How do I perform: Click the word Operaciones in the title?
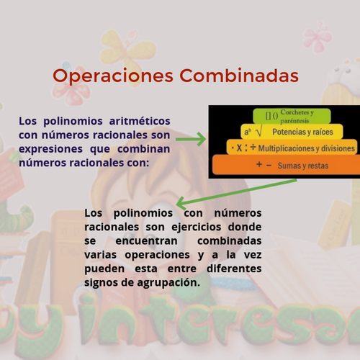pyautogui.click(x=113, y=76)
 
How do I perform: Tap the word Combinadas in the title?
pyautogui.click(x=239, y=76)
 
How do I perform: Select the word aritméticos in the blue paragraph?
pyautogui.click(x=140, y=121)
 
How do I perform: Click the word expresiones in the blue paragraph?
pyautogui.click(x=50, y=149)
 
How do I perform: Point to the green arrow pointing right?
pyautogui.click(x=191, y=139)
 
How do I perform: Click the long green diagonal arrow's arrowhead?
pyautogui.click(x=181, y=204)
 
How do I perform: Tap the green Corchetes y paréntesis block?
pyautogui.click(x=292, y=116)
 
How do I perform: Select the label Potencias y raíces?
pyautogui.click(x=302, y=132)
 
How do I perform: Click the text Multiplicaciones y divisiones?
pyautogui.click(x=307, y=148)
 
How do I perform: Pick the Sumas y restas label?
pyautogui.click(x=303, y=166)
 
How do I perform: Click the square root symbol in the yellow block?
pyautogui.click(x=259, y=132)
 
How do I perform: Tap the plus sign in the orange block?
pyautogui.click(x=259, y=164)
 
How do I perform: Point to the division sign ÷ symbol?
pyautogui.click(x=253, y=147)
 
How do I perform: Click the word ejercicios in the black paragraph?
pyautogui.click(x=197, y=228)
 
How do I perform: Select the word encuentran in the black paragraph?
pyautogui.click(x=146, y=240)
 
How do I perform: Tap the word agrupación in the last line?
pyautogui.click(x=168, y=283)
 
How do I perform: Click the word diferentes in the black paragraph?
pyautogui.click(x=234, y=269)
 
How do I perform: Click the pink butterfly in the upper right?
pyautogui.click(x=318, y=37)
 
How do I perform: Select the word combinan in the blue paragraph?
pyautogui.click(x=143, y=149)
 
